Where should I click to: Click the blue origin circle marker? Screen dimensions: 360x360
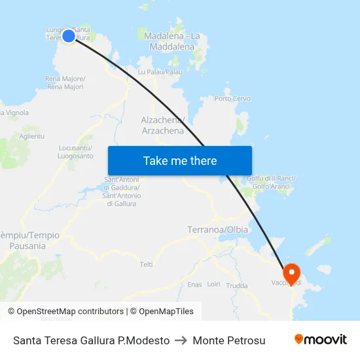pos(69,35)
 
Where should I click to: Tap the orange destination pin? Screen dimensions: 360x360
pos(290,272)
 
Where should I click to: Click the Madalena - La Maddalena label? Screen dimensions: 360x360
pos(171,41)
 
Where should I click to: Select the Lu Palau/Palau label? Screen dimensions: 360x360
pos(160,71)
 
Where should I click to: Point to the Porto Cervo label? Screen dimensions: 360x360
pos(232,99)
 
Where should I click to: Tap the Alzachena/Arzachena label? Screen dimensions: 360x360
pos(163,125)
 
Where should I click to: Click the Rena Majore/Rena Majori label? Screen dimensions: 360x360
pos(64,82)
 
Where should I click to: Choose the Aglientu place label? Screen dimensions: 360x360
pos(32,135)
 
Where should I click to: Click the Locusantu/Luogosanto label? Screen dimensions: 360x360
pos(75,152)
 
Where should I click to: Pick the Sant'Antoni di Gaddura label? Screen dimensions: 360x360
pos(121,192)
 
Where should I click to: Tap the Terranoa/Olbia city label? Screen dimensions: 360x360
pos(218,230)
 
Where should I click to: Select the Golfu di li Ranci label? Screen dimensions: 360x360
pos(274,182)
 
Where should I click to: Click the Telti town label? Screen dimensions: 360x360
pos(146,264)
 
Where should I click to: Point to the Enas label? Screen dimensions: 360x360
pos(194,285)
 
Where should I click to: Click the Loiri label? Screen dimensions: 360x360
pos(213,285)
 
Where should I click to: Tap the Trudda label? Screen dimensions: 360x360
pos(237,286)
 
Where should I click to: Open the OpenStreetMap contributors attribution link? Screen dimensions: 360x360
pos(65,312)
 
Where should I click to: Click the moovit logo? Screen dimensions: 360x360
pos(320,340)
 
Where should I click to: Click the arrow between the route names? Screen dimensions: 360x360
pos(181,340)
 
